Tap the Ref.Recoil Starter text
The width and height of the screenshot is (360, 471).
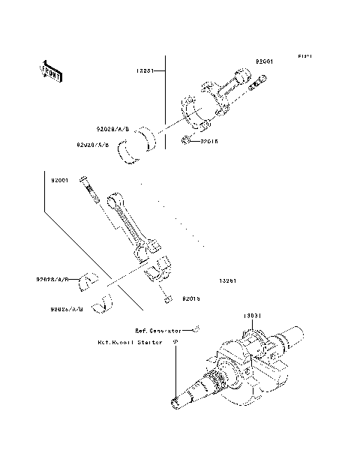pos(132,342)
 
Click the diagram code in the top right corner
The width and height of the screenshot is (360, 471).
pos(303,57)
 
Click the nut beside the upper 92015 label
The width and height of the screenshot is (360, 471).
pos(185,139)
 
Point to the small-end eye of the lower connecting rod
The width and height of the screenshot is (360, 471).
pos(115,200)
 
